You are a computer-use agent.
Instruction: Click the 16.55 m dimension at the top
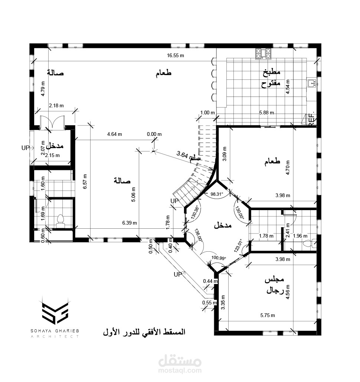click(176, 56)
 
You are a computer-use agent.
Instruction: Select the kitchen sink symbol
click(311, 83)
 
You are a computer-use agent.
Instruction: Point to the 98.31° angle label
click(217, 194)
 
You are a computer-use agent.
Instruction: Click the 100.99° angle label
click(219, 258)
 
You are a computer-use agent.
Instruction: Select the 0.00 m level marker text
click(154, 134)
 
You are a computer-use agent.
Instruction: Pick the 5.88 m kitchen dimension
click(266, 113)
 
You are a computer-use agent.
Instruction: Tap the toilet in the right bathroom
click(310, 244)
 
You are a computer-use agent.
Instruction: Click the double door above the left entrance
click(52, 121)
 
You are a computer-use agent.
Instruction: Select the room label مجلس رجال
click(275, 285)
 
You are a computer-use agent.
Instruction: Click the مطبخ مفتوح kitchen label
click(271, 78)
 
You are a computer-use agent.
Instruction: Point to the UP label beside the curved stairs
click(174, 201)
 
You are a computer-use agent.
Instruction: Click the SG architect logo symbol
click(55, 313)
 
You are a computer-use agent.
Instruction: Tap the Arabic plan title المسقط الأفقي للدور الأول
click(144, 332)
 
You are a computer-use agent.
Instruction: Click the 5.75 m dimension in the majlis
click(268, 316)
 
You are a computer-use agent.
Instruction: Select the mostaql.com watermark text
click(180, 371)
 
